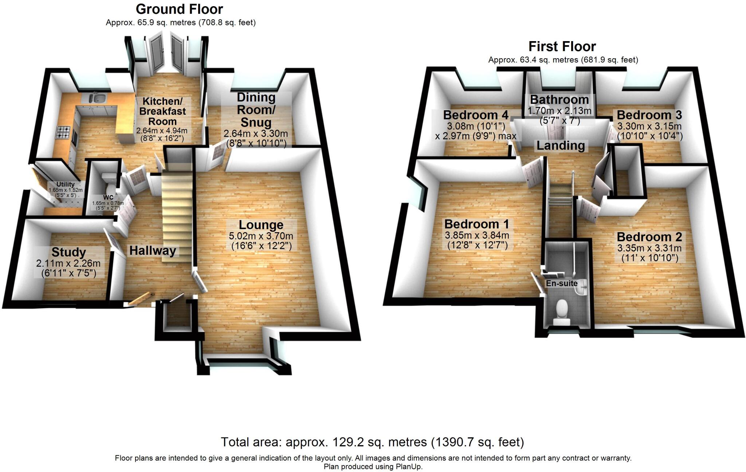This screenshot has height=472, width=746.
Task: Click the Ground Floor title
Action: [x=179, y=9]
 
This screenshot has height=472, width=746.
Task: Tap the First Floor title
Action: [x=562, y=47]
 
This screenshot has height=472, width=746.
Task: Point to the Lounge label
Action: [x=261, y=225]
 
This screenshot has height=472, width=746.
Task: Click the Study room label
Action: [x=68, y=252]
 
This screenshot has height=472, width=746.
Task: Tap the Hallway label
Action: [x=153, y=250]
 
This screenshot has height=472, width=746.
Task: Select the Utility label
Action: [x=66, y=185]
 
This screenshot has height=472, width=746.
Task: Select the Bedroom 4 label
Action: [x=475, y=115]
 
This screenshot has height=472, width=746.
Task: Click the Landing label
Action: [x=561, y=146]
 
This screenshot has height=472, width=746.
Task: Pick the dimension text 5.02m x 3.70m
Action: [x=261, y=236]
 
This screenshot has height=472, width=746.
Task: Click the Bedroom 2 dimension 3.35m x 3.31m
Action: [x=649, y=248]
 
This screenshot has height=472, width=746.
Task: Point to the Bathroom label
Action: [x=559, y=99]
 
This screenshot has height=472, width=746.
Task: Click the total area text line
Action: [x=372, y=442]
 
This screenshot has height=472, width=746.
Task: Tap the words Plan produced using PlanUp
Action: [x=373, y=467]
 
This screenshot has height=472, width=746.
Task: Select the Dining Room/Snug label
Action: [x=256, y=110]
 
